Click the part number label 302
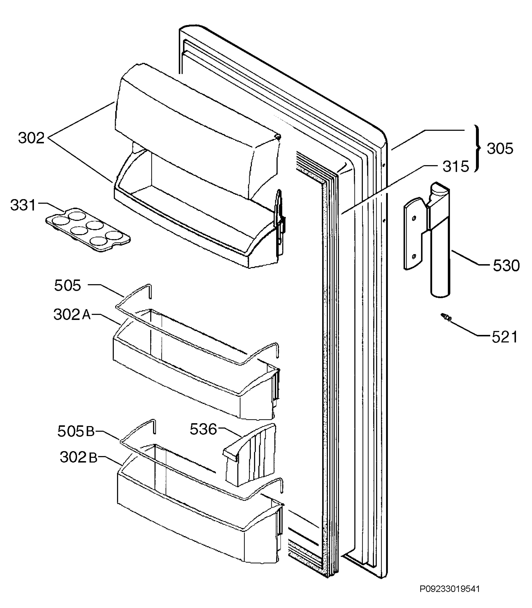31,138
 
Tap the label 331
23,205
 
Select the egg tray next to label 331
88,230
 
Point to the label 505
67,286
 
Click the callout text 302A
72,315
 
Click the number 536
203,429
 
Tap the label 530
506,266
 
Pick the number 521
505,337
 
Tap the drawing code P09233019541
450,589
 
